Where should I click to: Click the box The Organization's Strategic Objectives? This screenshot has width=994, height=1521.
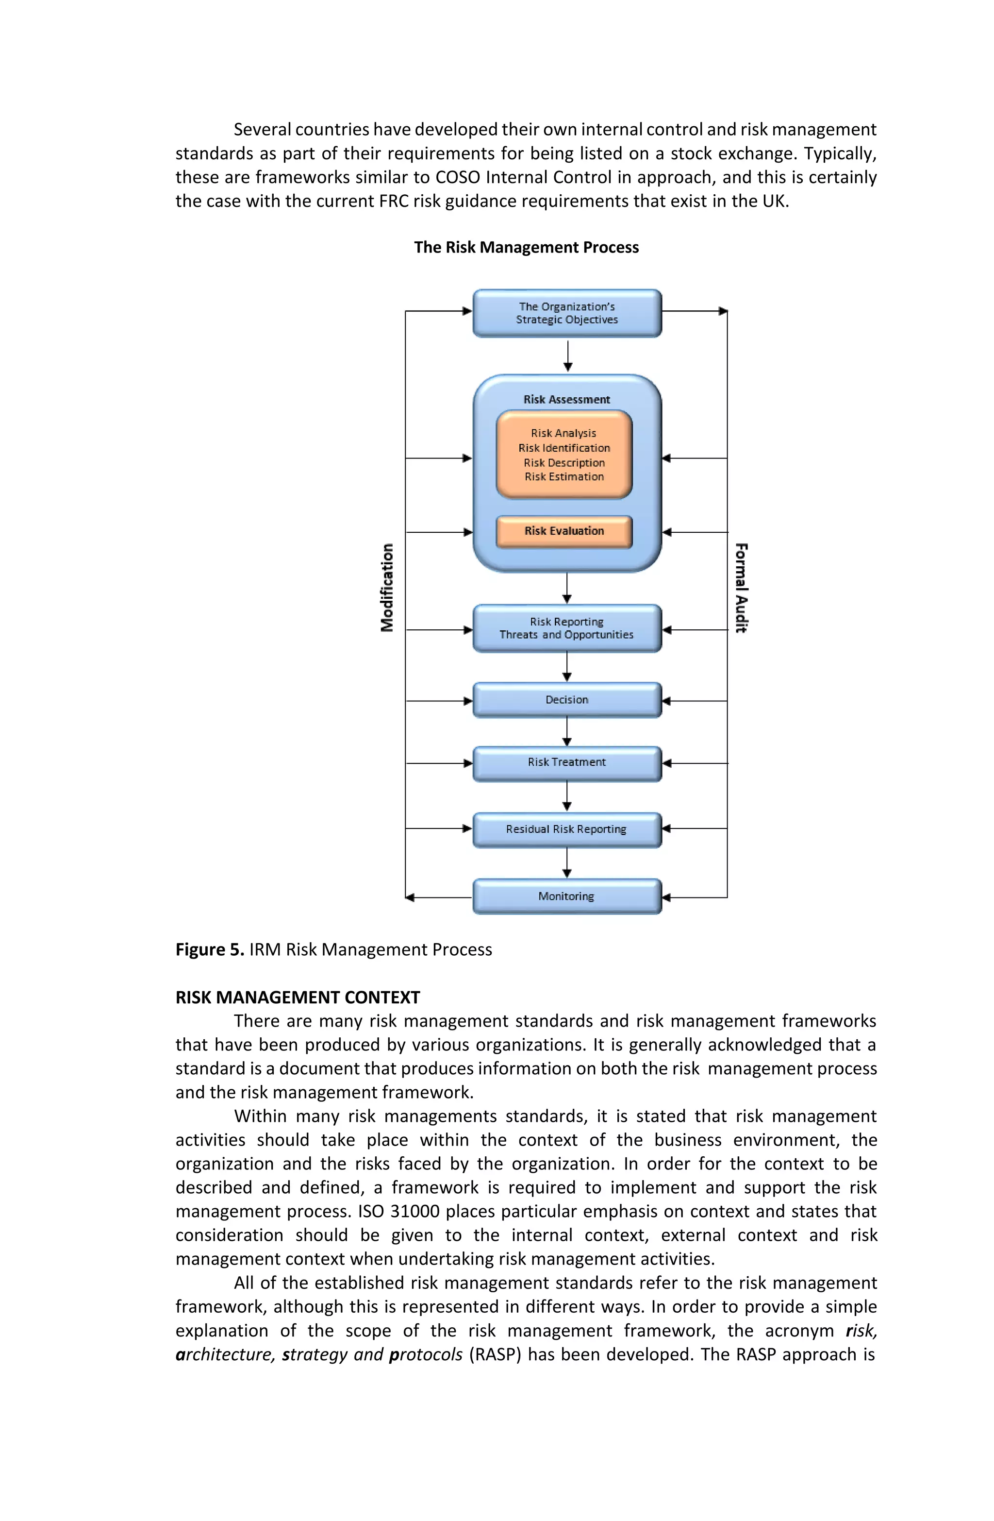point(566,313)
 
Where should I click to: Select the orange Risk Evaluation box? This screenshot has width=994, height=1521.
point(564,531)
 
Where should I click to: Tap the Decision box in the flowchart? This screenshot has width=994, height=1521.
point(566,700)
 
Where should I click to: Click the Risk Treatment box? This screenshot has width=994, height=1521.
point(566,762)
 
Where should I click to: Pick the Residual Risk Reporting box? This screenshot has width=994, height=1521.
point(566,829)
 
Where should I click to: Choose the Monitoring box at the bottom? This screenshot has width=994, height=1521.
point(566,896)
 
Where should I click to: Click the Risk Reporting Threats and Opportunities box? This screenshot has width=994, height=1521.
point(566,628)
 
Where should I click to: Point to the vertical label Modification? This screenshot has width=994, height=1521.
point(387,588)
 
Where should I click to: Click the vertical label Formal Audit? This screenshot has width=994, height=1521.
point(741,588)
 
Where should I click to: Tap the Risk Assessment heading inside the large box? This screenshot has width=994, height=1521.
point(566,399)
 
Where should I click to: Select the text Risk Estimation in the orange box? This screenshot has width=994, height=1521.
point(564,477)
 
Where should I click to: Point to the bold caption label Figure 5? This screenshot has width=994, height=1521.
point(210,950)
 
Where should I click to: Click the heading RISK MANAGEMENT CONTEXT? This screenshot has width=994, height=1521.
point(298,997)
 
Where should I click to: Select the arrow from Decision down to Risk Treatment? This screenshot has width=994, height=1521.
point(566,732)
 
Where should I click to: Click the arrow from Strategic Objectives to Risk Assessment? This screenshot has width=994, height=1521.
point(567,355)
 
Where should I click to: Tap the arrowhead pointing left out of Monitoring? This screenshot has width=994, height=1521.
point(411,897)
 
